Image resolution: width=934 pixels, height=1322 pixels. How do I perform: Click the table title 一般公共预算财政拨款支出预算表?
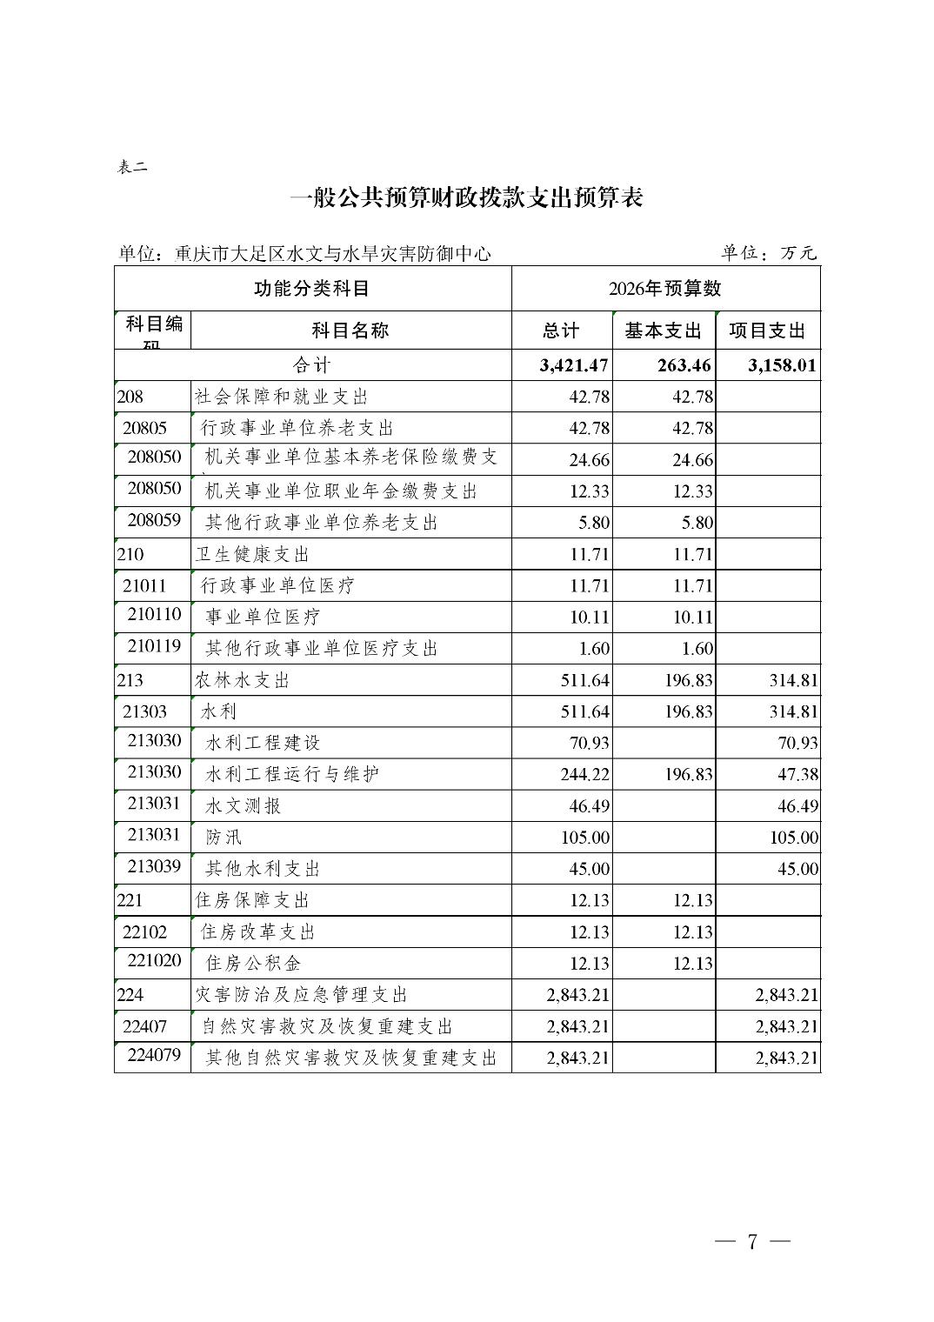tap(466, 199)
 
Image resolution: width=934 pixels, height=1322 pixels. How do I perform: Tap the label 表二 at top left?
tap(132, 168)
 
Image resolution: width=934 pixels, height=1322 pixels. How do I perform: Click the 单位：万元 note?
tap(769, 253)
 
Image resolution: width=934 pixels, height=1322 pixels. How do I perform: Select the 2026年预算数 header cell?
tap(665, 289)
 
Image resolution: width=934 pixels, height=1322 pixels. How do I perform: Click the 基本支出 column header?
tap(664, 331)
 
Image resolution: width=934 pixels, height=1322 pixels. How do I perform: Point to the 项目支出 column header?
tap(767, 331)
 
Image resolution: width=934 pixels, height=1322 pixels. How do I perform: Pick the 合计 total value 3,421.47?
tap(574, 365)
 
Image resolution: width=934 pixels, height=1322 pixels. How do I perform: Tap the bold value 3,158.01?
tap(783, 365)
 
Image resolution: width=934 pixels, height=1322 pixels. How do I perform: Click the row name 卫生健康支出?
tap(252, 555)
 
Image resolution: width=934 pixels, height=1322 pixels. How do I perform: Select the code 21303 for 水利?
tap(144, 711)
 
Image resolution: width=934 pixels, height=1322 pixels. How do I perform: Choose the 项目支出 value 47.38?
tap(797, 775)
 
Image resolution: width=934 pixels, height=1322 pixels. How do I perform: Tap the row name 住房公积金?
tap(253, 964)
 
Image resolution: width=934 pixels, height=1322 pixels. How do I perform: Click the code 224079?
tap(154, 1058)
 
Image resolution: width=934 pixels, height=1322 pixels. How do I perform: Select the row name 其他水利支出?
tap(263, 869)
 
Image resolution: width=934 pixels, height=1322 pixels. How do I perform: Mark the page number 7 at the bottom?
tap(752, 1241)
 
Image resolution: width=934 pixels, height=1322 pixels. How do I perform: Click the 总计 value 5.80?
tap(593, 523)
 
